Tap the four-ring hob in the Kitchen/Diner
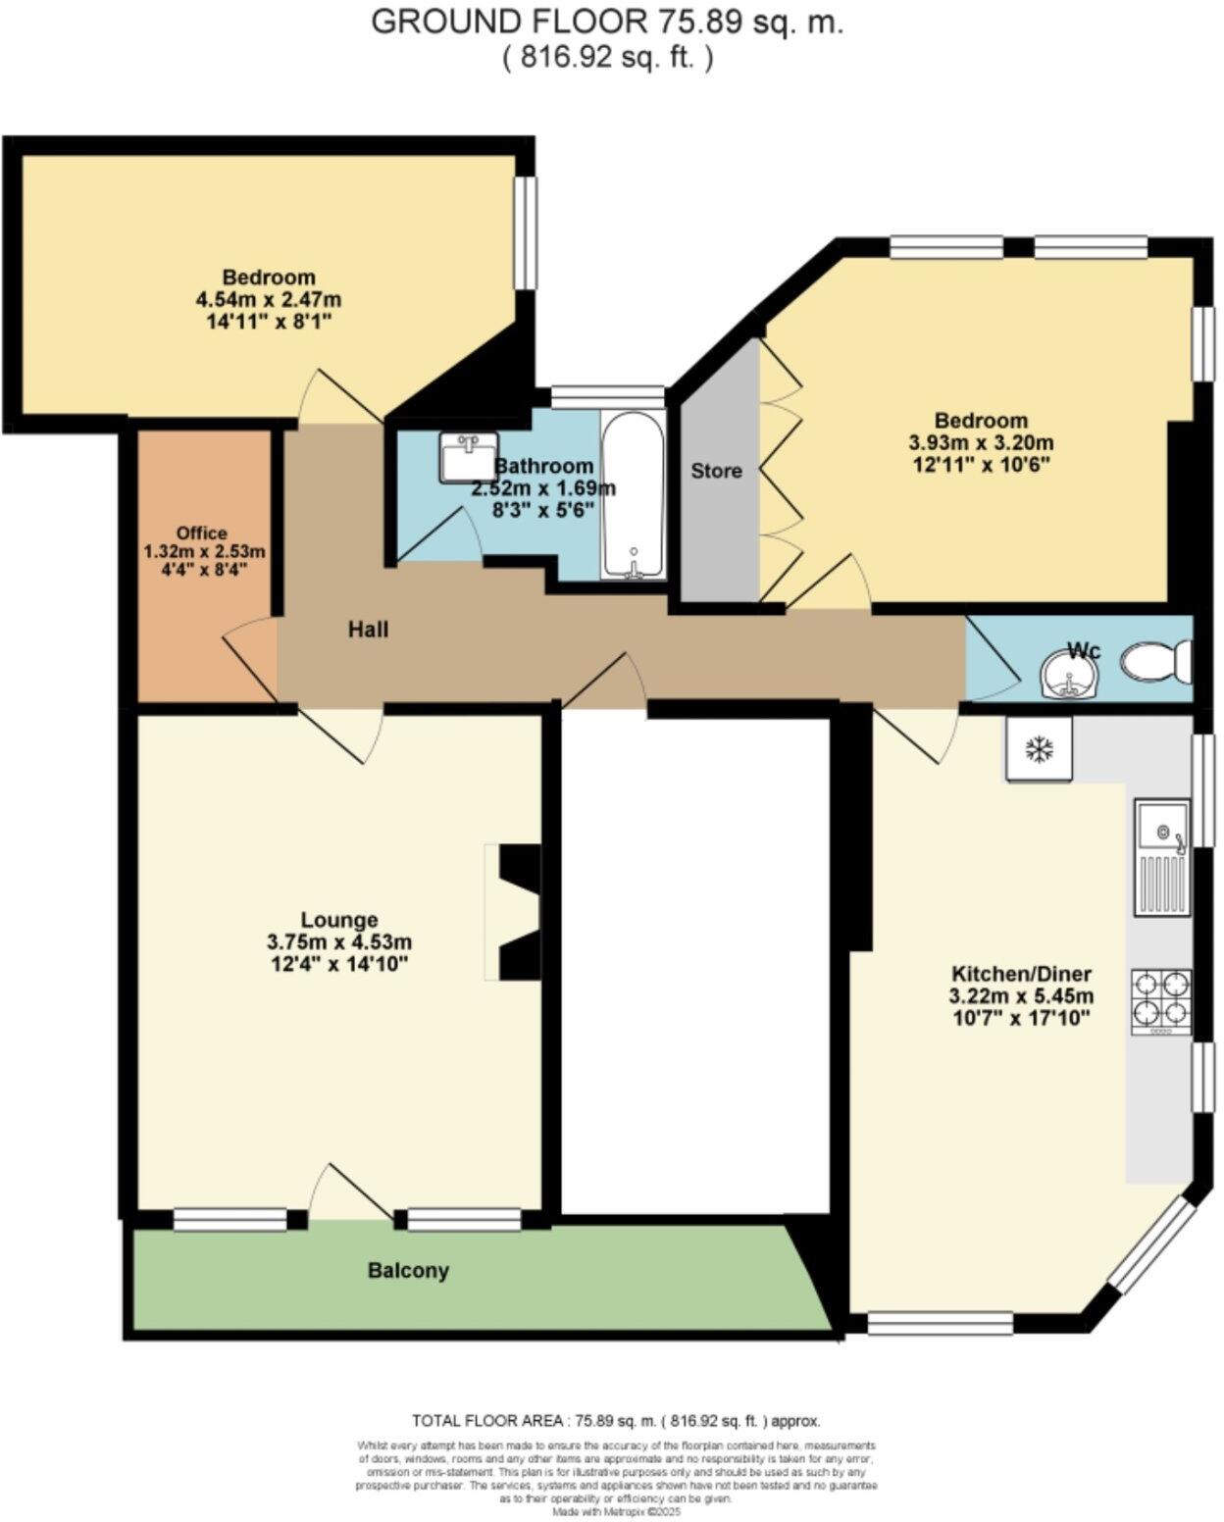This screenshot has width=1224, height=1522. pos(1161,1000)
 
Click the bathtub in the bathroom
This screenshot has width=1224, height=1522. pos(633,495)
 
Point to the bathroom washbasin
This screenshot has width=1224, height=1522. pos(468,458)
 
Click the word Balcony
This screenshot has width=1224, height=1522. pos(408,1271)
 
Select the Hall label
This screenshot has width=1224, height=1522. pos(368,629)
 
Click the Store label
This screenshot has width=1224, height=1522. pos(716,471)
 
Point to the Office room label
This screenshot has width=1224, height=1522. pos(203,533)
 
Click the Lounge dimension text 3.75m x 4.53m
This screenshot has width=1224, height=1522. pos(339,942)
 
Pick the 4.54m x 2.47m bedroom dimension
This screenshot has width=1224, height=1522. pos(269,299)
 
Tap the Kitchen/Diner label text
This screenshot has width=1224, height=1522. pos(1021,975)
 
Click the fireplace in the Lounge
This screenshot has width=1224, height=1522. pos(518,911)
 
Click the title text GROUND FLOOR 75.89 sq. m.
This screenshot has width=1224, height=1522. pos(607,22)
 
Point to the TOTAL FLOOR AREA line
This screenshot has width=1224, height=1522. pos(616,1421)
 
